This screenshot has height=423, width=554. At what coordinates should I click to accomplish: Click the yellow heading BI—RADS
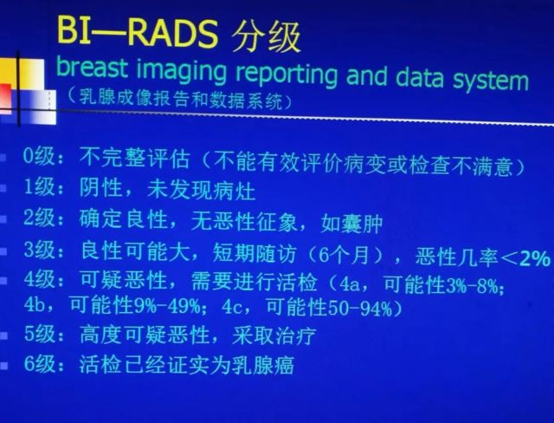[x=137, y=32]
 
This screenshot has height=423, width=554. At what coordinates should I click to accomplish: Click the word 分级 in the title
[x=266, y=36]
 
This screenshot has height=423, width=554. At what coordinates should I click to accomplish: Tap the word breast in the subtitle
[x=92, y=68]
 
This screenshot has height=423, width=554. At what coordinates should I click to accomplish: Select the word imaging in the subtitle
[x=181, y=72]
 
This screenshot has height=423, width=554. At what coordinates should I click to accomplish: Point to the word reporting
[x=287, y=75]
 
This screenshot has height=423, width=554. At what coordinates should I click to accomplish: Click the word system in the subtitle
[x=491, y=81]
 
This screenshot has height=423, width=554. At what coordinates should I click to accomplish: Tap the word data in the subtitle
[x=419, y=77]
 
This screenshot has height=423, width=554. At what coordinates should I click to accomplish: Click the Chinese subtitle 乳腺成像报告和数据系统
[x=181, y=98]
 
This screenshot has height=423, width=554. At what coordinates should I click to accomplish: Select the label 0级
[x=39, y=156]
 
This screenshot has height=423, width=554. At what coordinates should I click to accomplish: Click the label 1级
[x=39, y=186]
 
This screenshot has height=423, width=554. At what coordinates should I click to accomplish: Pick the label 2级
[x=39, y=218]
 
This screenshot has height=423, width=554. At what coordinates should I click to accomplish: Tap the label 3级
[x=39, y=250]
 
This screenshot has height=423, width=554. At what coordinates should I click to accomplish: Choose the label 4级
[x=39, y=279]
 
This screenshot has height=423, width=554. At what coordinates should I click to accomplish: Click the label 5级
[x=39, y=334]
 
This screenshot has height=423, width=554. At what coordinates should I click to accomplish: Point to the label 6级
[x=39, y=363]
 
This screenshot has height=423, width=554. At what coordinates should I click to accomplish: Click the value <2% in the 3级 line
[x=525, y=259]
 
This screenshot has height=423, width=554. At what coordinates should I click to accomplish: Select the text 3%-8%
[x=473, y=286]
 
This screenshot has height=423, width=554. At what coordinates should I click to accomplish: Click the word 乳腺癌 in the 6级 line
[x=263, y=365]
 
